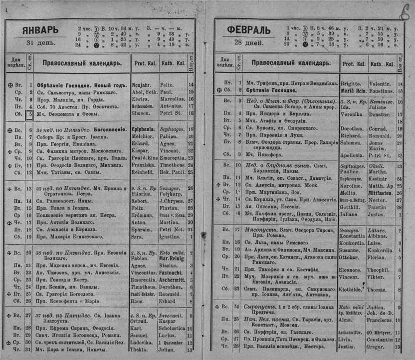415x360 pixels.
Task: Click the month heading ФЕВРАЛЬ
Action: point(249,30)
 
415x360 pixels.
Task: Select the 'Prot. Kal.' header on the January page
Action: point(145,64)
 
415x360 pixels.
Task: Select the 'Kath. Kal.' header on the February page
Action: point(382,64)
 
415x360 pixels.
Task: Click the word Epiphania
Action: point(144,129)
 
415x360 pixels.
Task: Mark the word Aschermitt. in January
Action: point(173,281)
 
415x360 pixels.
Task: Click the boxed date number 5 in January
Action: point(31,113)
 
